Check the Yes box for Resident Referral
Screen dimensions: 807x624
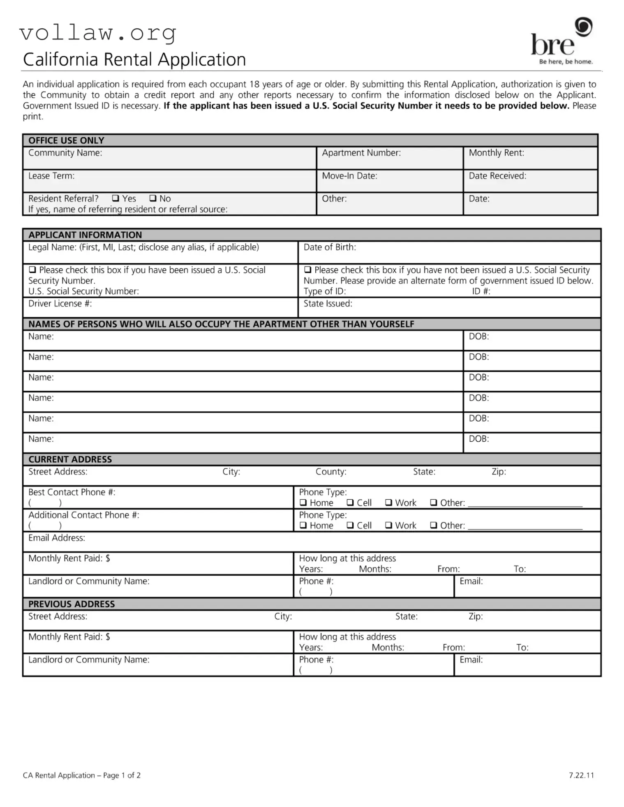tap(116, 198)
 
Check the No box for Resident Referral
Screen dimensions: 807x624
tap(153, 198)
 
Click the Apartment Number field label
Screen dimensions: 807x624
tap(361, 153)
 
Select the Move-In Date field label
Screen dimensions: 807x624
tap(349, 176)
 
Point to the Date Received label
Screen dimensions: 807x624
tap(497, 176)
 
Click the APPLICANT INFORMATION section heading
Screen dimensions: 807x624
tap(85, 235)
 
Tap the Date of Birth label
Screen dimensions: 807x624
tap(330, 247)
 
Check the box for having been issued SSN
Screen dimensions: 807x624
tap(32, 270)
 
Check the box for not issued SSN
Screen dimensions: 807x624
tap(307, 270)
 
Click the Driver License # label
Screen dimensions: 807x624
tap(60, 304)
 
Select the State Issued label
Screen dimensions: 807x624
tap(328, 304)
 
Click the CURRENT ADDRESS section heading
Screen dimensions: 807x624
tap(70, 459)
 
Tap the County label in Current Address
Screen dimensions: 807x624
tap(331, 472)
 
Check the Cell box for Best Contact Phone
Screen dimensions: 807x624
tap(350, 503)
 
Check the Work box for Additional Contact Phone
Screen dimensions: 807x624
tap(388, 525)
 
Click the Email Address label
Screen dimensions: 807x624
tap(57, 538)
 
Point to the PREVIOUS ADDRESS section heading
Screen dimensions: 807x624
tap(72, 604)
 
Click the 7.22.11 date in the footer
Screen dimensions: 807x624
tap(581, 775)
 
